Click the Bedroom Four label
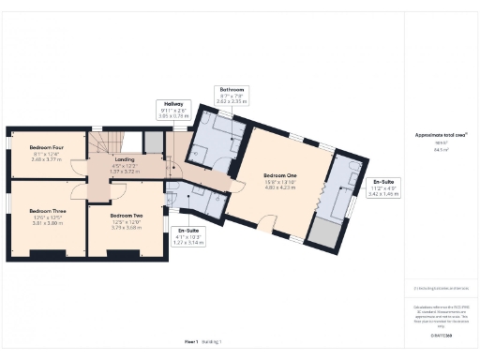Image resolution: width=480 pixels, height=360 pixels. [x=45, y=147]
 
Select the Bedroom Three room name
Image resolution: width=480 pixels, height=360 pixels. [x=47, y=211]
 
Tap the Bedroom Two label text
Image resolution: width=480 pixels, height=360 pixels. [x=112, y=215]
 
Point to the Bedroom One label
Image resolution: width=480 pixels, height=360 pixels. [x=281, y=175]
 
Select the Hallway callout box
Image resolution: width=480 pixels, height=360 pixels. [x=174, y=110]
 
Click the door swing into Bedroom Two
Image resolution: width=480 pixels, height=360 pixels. [x=117, y=189]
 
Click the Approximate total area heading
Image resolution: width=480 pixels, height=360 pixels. [x=434, y=134]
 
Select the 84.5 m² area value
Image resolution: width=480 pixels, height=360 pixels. [x=434, y=148]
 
